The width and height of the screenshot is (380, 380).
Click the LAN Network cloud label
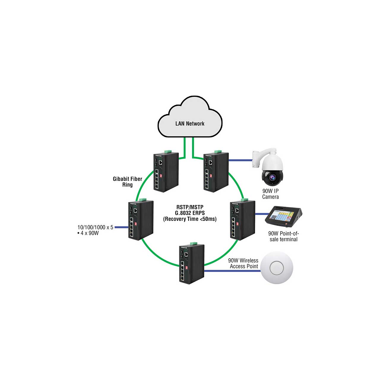pos(190,123)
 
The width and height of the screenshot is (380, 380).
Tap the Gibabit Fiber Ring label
pos(127,182)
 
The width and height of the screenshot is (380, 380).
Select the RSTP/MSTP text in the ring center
pos(190,207)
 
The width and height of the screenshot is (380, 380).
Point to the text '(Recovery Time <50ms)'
pos(190,219)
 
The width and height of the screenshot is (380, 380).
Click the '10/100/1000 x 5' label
pos(95,227)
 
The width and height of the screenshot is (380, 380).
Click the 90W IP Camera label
pos(270,194)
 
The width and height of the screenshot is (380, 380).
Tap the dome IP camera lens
pos(273,177)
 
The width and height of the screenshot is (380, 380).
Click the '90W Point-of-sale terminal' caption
pos(284,236)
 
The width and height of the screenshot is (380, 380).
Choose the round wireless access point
pos(277,268)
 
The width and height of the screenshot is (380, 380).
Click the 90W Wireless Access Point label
pos(243,263)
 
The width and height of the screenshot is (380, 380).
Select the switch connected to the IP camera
pos(216,171)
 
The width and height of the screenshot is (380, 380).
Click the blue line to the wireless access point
pos(232,271)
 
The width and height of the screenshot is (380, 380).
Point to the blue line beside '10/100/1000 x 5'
pos(121,227)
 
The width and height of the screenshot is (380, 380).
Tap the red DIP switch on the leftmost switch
pos(135,224)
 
